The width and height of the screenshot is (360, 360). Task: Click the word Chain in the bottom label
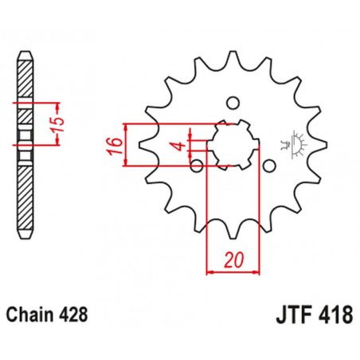pos(34,313)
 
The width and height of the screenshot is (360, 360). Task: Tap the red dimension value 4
pos(182,146)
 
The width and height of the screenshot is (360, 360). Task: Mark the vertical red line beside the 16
pos(127,146)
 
